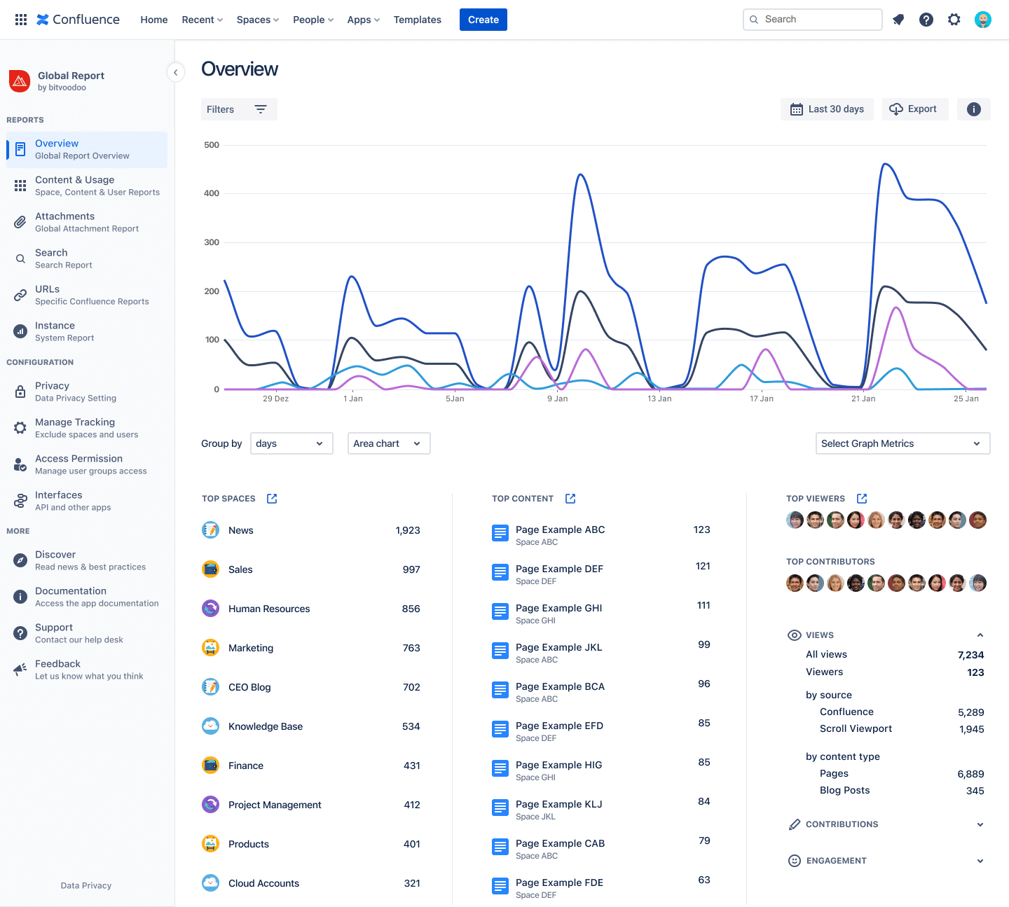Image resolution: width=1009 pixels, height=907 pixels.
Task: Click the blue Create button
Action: point(483,20)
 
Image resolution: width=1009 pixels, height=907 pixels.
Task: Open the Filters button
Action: point(238,109)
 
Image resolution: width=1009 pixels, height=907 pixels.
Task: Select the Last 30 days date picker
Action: point(827,109)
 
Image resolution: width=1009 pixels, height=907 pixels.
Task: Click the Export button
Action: point(914,109)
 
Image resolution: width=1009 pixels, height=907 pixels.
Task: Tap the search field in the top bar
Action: point(813,20)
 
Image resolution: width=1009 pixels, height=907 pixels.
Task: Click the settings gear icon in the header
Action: point(954,20)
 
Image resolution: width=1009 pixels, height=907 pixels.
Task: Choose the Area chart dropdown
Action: point(388,443)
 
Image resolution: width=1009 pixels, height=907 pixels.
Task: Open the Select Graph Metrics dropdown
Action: point(902,443)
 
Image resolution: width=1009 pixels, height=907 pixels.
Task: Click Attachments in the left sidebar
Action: point(64,216)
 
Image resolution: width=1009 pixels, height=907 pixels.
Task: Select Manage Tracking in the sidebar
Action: point(75,422)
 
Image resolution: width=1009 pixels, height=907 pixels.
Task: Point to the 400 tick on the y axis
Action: point(212,193)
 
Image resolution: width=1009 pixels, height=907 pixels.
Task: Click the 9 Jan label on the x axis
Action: point(558,399)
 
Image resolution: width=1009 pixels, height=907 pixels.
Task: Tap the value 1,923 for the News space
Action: point(407,530)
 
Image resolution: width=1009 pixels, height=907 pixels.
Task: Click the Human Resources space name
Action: point(269,609)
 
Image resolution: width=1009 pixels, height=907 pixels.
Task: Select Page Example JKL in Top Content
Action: point(558,647)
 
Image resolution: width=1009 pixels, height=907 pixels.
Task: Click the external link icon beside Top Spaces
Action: point(272,499)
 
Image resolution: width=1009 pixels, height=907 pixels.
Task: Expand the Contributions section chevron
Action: point(980,824)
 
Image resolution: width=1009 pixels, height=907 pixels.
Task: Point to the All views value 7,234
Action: point(970,655)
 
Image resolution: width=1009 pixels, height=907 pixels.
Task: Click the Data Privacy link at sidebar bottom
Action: point(86,885)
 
